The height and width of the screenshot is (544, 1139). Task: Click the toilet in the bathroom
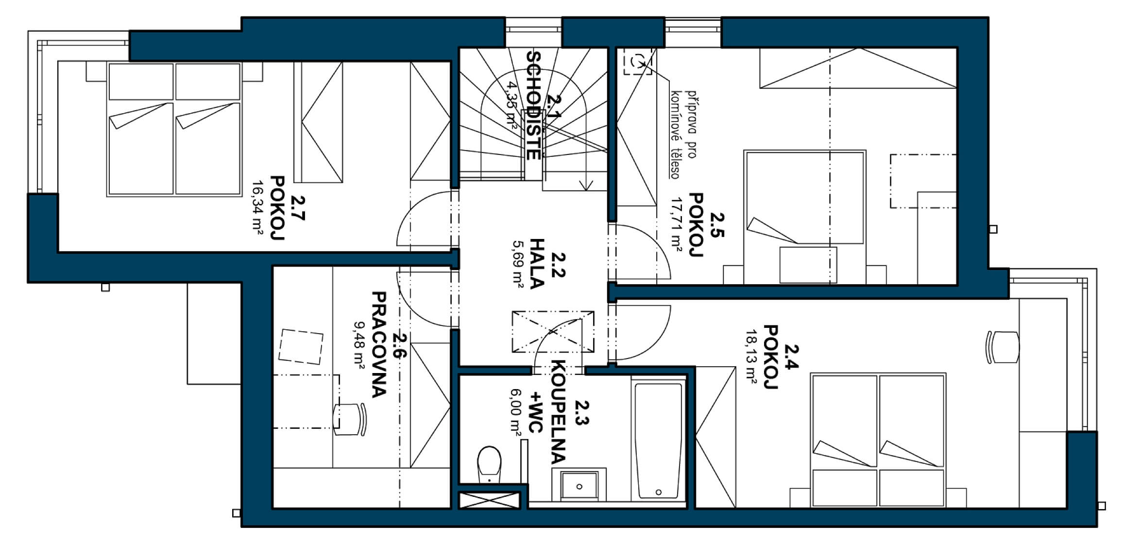[x=489, y=464]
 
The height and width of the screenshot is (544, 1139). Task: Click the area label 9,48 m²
[x=360, y=346]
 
